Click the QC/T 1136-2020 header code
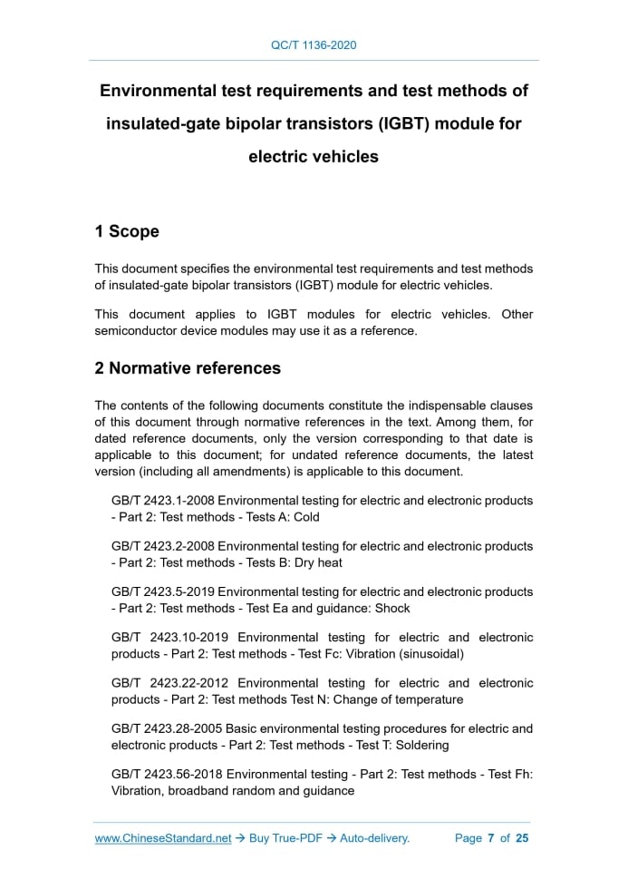coord(314,44)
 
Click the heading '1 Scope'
coord(127,231)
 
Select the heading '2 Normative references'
coord(188,368)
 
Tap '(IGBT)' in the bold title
coord(391,123)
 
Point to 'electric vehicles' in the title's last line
coord(314,156)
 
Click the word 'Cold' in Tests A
coord(306,517)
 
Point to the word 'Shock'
coord(391,608)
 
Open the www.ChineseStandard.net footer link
coord(163,838)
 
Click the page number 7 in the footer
coord(490,838)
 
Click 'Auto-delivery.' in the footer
coord(375,838)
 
